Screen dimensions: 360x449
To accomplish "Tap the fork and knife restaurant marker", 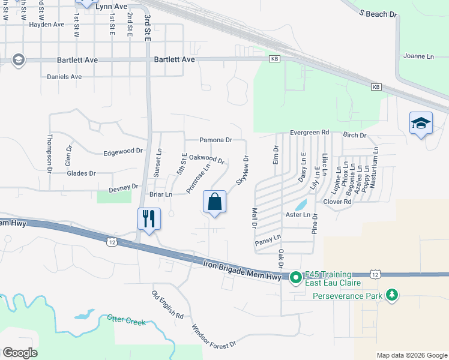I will click(148, 218).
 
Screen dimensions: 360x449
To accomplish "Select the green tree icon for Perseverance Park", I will click(392, 295).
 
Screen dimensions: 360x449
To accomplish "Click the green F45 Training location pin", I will click(295, 277).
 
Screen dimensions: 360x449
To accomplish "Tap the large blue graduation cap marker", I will click(421, 124).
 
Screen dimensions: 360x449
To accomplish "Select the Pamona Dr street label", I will click(215, 140).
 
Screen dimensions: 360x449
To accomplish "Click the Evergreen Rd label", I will click(310, 132).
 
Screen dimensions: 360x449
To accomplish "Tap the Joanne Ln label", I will click(418, 56).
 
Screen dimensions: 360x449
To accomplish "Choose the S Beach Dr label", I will click(378, 13).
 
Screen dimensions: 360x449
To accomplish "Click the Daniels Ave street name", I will click(64, 77).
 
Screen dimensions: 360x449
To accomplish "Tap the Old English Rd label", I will click(167, 305).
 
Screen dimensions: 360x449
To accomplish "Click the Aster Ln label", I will click(298, 215).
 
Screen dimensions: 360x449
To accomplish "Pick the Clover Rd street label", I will click(337, 202).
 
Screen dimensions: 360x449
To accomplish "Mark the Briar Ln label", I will click(160, 194).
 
